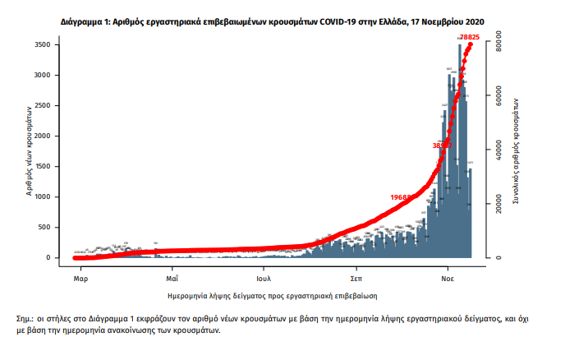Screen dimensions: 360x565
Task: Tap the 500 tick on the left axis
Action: (x=55, y=227)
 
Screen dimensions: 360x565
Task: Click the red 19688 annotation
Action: (x=402, y=197)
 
